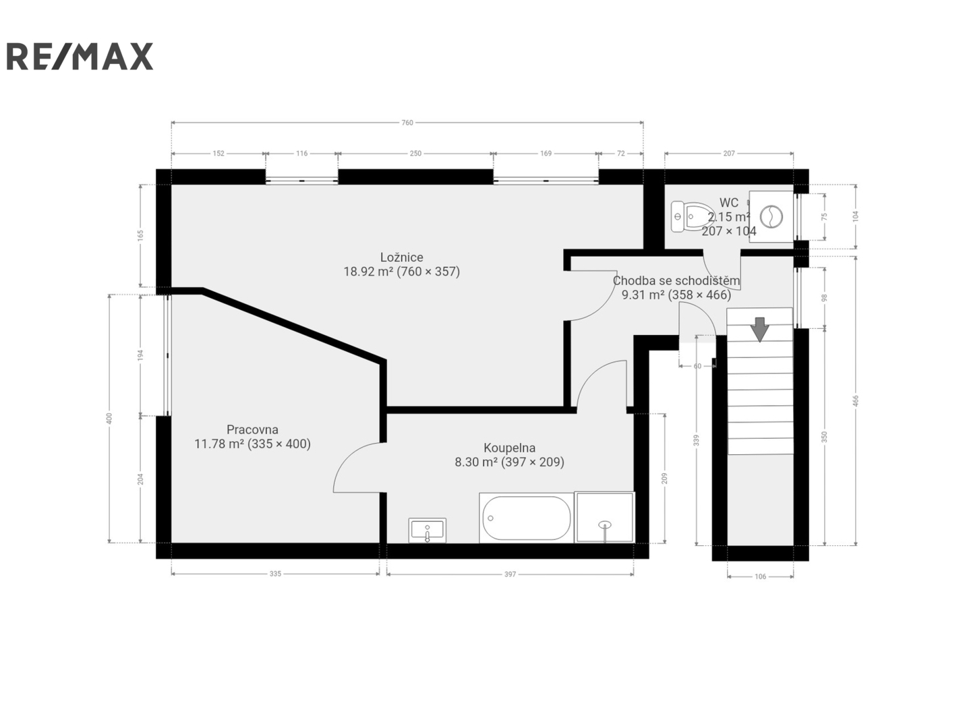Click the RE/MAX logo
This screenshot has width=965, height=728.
click(x=80, y=56)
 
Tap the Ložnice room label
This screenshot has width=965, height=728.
click(x=401, y=264)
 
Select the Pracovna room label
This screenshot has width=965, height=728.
click(x=252, y=436)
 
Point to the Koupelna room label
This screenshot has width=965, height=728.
click(x=509, y=455)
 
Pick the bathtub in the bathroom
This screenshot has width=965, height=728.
click(x=526, y=518)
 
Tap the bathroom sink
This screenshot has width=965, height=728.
click(x=427, y=530)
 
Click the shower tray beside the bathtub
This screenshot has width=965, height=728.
click(x=604, y=517)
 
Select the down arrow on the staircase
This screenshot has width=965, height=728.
click(x=759, y=329)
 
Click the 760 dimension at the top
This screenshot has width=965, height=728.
click(x=407, y=123)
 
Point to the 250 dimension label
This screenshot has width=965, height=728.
click(x=415, y=153)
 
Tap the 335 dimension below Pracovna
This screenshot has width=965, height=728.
click(x=275, y=574)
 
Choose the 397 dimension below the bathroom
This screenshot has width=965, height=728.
click(x=510, y=574)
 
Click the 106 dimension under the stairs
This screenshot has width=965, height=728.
click(x=760, y=576)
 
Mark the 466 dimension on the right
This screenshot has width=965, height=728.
click(x=856, y=400)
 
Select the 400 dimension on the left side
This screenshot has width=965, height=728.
click(x=109, y=418)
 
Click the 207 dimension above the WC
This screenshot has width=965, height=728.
click(x=729, y=153)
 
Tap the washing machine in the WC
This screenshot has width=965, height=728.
click(x=771, y=216)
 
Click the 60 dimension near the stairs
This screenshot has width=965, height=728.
click(x=697, y=366)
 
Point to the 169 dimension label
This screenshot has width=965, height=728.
click(x=546, y=153)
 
